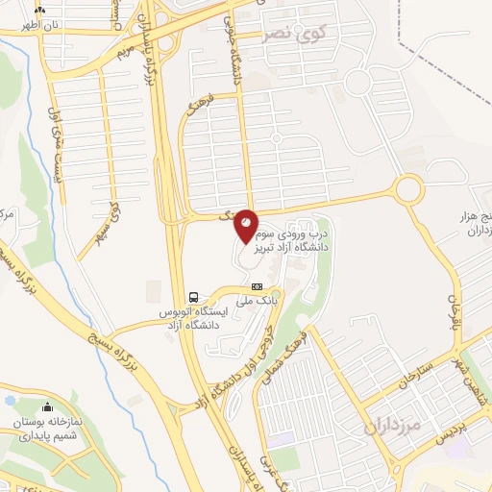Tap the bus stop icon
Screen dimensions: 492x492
pos(194,296)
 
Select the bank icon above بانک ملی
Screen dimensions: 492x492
pos(258,286)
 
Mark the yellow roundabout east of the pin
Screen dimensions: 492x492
pos(407,187)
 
